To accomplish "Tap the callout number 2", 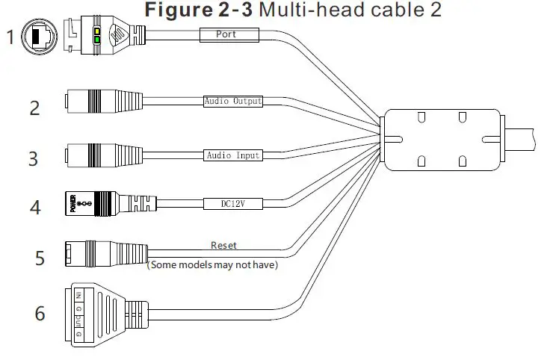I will (34, 108).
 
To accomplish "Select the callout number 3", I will (32, 158).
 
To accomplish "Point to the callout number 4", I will (34, 207).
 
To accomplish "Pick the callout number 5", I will (39, 258).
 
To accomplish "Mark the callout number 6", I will (39, 313).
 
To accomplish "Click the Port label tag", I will (228, 34).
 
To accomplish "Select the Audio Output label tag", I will (233, 100).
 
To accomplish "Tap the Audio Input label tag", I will (232, 155).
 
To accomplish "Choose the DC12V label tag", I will (233, 202).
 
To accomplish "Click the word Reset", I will (223, 244).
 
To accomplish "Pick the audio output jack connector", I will (105, 102).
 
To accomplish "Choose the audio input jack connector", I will (105, 154).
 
